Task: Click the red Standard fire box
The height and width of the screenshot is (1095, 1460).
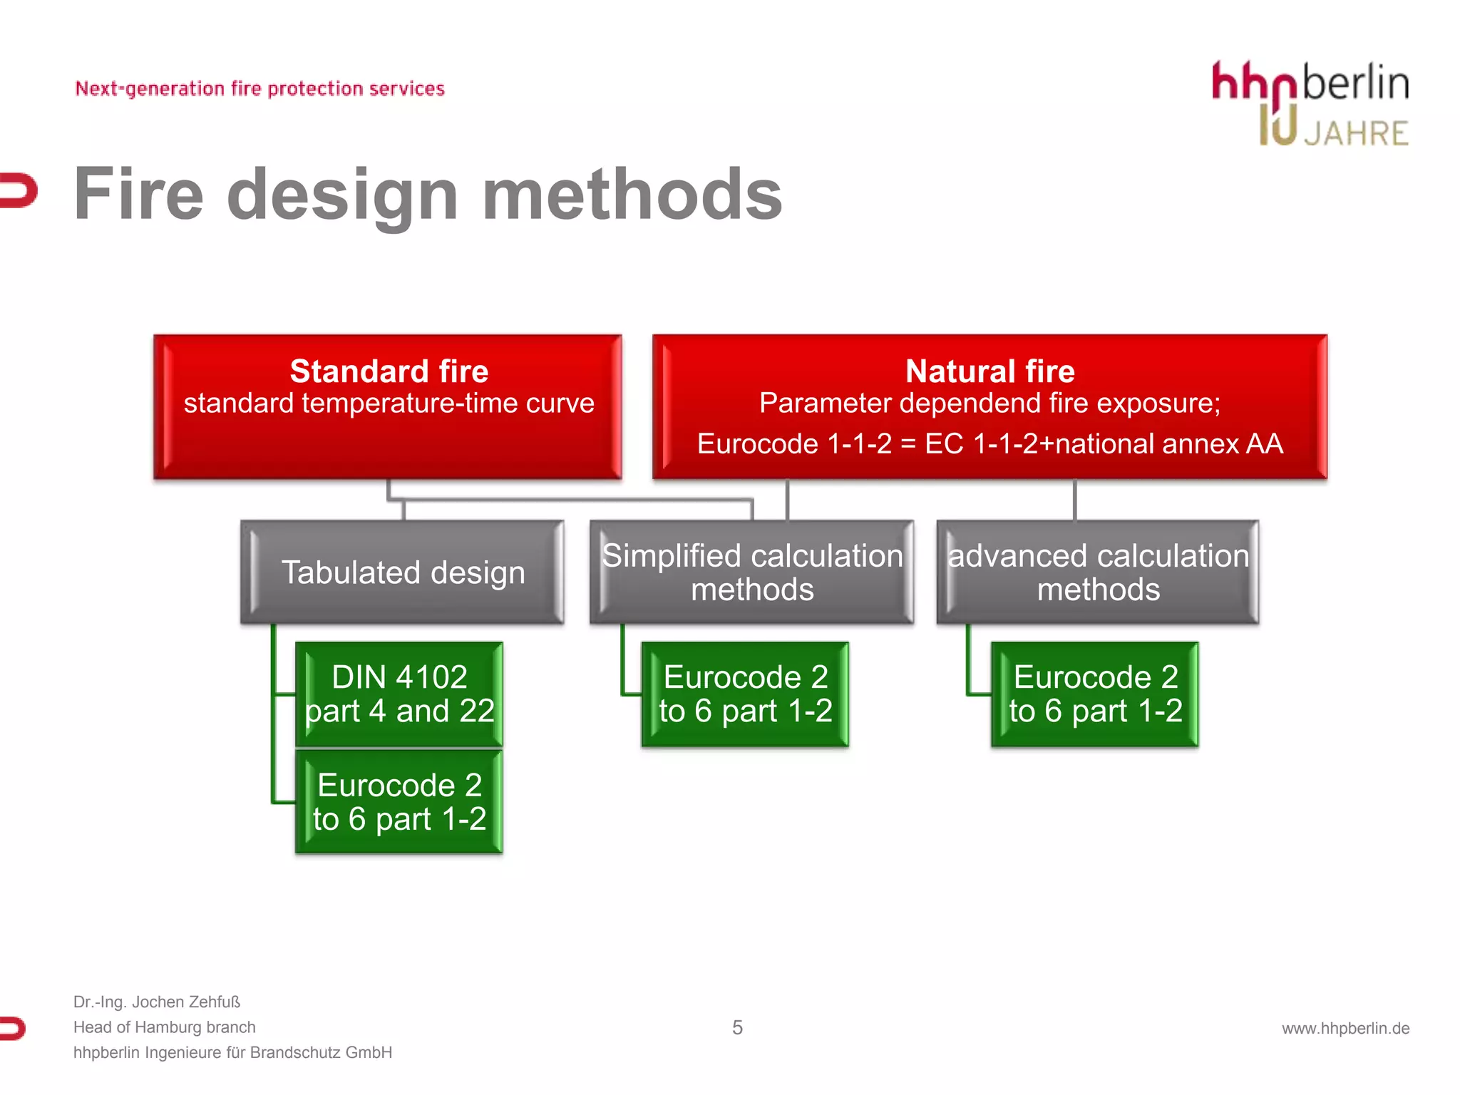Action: coord(388,406)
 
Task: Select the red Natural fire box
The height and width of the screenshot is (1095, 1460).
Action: coord(989,406)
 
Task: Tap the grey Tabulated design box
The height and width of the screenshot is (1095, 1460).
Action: coord(403,572)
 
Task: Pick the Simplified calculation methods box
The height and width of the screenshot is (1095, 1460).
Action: coord(752,572)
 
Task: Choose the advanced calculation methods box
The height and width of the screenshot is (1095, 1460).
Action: coord(1098,572)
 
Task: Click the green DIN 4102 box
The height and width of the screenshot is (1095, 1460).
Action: coord(399,694)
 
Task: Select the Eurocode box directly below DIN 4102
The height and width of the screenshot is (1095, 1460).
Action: coord(399,802)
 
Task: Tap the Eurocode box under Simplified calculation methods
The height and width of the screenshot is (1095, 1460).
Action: coord(745,694)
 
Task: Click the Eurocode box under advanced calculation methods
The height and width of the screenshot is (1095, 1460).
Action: coord(1095,694)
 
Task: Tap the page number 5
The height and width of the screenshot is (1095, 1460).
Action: coord(737,1027)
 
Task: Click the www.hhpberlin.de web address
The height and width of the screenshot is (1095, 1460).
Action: coord(1345,1028)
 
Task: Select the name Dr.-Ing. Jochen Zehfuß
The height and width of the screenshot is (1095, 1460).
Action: coord(157,1002)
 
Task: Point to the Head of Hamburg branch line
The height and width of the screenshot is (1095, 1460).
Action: coord(164,1027)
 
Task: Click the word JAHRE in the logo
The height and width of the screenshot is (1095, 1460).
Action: coord(1356,134)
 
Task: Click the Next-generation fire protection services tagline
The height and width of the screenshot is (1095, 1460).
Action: coord(259,88)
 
